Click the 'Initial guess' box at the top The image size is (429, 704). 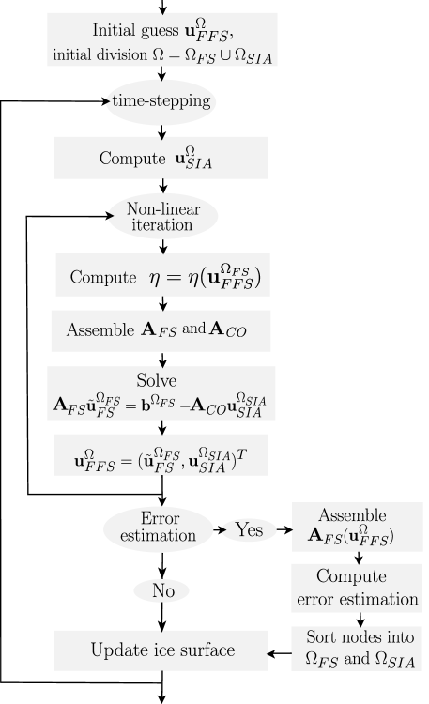(x=163, y=40)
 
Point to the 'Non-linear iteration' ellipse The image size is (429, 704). (x=162, y=217)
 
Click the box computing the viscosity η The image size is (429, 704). (x=162, y=276)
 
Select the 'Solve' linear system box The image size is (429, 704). (x=161, y=393)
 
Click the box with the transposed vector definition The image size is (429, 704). (x=161, y=454)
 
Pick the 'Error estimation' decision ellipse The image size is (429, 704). (x=159, y=529)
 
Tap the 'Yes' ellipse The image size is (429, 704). (x=249, y=530)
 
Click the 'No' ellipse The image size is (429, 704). (x=161, y=591)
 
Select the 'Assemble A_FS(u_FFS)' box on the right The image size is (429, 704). (x=357, y=528)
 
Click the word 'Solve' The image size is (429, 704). (x=156, y=380)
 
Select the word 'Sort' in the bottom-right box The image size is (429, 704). (x=321, y=637)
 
